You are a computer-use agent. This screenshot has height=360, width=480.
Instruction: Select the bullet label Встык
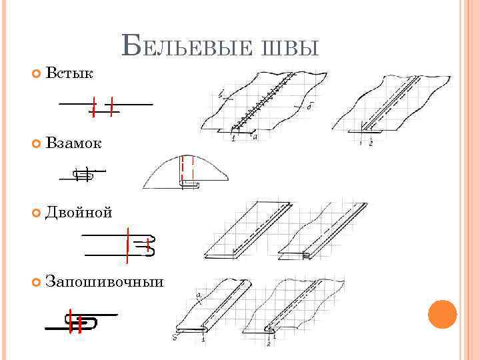(x=69, y=73)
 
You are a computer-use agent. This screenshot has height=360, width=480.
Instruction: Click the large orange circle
(x=442, y=314)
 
